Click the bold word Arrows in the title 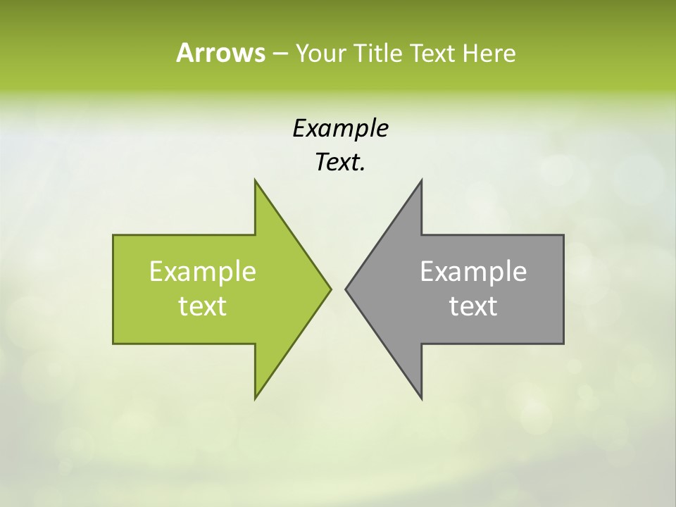click(220, 53)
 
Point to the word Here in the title click(489, 53)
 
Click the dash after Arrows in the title click(280, 54)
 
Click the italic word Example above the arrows click(340, 128)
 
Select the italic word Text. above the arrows click(340, 163)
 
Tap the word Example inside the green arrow click(203, 271)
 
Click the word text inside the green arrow click(203, 306)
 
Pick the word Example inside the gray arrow click(473, 271)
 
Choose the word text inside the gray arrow click(473, 306)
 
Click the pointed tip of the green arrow click(330, 289)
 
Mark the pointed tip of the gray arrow click(346, 289)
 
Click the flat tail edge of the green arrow click(113, 289)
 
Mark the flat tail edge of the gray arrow click(563, 289)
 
